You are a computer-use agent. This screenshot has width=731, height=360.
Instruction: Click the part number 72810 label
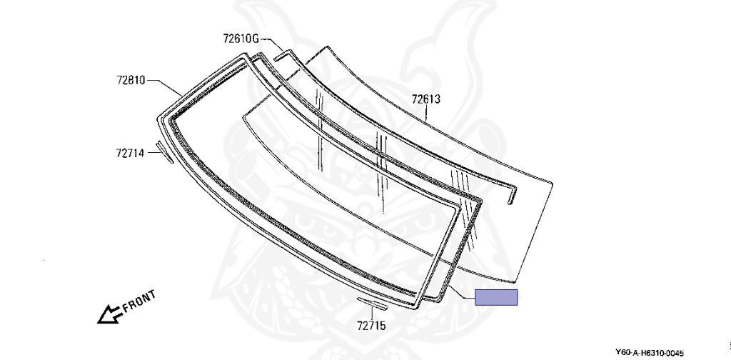(131, 80)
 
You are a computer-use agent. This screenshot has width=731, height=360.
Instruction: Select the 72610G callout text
(241, 39)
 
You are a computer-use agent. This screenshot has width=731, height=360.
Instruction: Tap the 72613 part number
(425, 99)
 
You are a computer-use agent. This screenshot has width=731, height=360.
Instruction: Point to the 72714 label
(130, 152)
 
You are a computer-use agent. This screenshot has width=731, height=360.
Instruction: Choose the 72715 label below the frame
(371, 326)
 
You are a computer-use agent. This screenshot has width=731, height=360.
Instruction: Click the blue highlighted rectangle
(496, 297)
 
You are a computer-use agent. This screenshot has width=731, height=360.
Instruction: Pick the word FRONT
(139, 301)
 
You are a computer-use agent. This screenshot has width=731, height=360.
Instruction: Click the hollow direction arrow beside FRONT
(110, 314)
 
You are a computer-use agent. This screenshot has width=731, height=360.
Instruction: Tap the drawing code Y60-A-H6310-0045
(650, 353)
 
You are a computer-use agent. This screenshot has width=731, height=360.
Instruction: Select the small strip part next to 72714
(165, 152)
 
